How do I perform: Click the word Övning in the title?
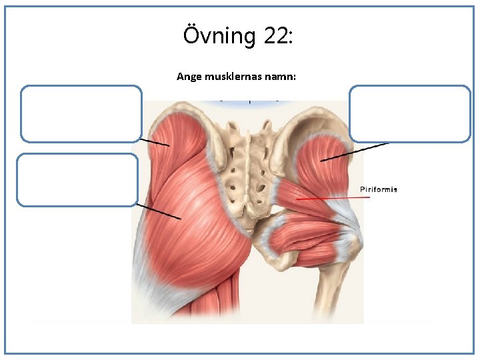[219, 35]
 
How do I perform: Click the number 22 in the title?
[275, 35]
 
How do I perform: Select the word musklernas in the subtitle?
[233, 77]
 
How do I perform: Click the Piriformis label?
[378, 189]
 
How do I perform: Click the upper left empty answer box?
[81, 113]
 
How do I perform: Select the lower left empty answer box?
[77, 179]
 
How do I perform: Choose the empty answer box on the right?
[410, 113]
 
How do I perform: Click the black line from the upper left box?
[154, 143]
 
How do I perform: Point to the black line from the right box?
[354, 152]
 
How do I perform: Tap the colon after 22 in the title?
[290, 38]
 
